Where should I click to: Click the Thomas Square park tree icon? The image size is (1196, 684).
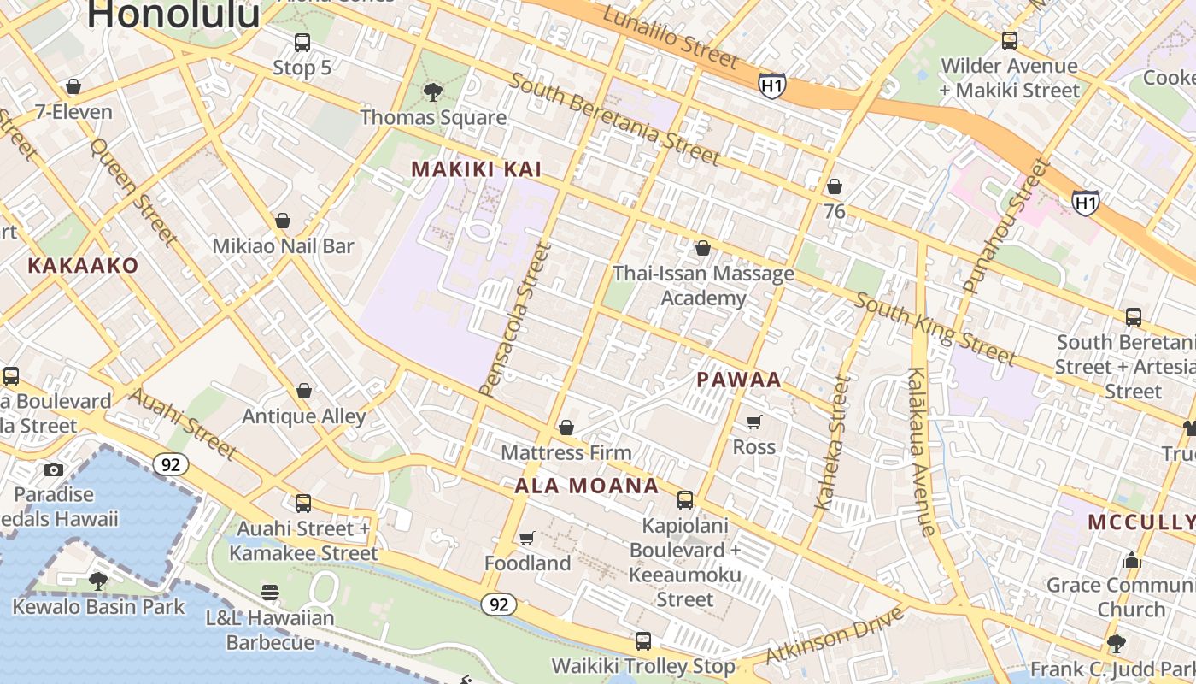pyautogui.click(x=433, y=91)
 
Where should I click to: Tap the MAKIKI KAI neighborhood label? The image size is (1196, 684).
pyautogui.click(x=477, y=169)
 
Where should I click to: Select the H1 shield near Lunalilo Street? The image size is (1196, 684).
pyautogui.click(x=771, y=85)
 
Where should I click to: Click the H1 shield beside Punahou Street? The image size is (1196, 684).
pyautogui.click(x=1085, y=203)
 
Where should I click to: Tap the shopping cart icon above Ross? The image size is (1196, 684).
pyautogui.click(x=753, y=422)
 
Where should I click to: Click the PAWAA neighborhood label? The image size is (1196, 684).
pyautogui.click(x=739, y=380)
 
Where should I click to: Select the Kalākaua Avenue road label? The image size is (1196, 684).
pyautogui.click(x=923, y=451)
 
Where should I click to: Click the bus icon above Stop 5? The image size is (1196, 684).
pyautogui.click(x=302, y=43)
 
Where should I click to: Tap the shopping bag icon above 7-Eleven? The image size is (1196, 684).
pyautogui.click(x=73, y=86)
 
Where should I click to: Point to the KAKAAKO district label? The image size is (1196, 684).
pyautogui.click(x=82, y=265)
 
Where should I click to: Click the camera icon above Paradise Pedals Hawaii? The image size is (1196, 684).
pyautogui.click(x=53, y=469)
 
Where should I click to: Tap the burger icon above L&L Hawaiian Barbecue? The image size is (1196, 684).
pyautogui.click(x=270, y=593)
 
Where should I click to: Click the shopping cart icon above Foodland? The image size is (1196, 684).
pyautogui.click(x=527, y=538)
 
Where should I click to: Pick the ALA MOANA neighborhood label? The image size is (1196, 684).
pyautogui.click(x=587, y=486)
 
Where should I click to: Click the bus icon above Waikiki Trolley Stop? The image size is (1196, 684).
pyautogui.click(x=643, y=640)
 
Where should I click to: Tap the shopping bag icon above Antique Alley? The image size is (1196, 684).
pyautogui.click(x=303, y=392)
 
